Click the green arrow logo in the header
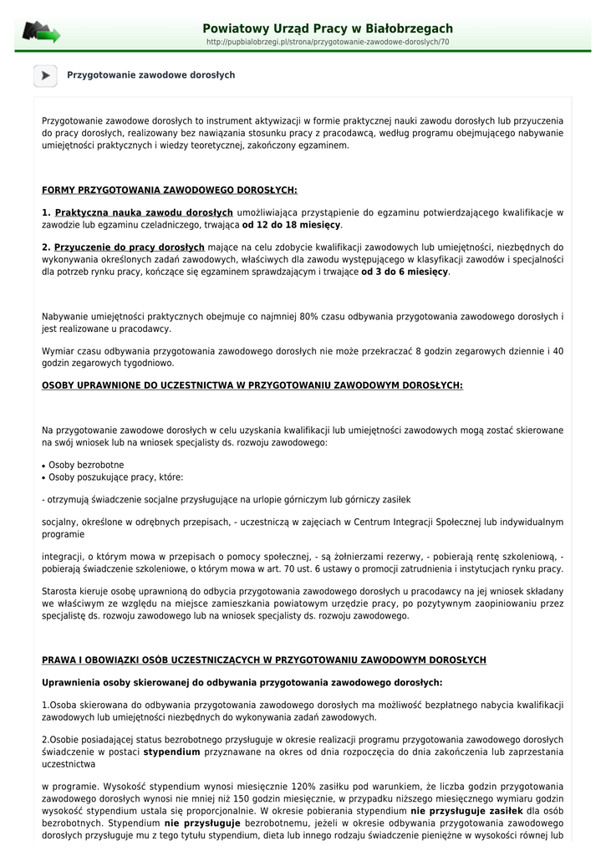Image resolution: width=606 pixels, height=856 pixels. coord(41,33)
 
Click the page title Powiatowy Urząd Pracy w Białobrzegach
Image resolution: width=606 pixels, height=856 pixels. coord(328,28)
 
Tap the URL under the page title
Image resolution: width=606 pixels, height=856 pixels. coord(328,42)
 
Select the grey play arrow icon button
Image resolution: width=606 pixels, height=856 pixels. coord(45,75)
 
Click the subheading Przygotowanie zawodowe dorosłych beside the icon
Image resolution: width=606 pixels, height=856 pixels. coord(151,75)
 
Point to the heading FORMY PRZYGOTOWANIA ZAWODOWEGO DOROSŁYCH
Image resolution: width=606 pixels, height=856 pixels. coord(170,190)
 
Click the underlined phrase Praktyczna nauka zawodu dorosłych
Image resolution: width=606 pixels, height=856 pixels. coord(144,212)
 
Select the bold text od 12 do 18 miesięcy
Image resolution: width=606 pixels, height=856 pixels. coord(291,225)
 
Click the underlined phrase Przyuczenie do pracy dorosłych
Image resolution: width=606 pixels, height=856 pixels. coord(130,247)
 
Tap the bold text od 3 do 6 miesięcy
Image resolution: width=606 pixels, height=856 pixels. coord(405,272)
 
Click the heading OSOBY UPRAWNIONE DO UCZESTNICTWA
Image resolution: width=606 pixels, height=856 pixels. coord(252,385)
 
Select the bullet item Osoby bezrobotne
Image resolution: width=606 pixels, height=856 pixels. coord(86,465)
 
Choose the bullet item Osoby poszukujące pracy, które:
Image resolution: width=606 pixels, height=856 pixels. coord(115,477)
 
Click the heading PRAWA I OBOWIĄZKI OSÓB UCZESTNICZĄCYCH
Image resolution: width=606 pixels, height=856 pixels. coord(264,660)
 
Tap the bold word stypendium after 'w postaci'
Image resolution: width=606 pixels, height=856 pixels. coord(171,752)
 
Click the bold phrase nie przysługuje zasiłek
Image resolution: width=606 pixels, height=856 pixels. coord(466,811)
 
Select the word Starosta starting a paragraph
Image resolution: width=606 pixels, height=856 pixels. coord(59,591)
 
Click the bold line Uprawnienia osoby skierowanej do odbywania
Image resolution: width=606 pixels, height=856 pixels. coord(242,682)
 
